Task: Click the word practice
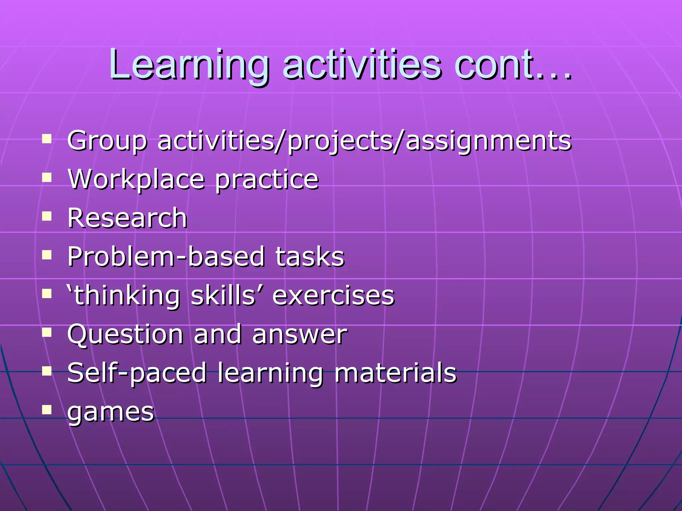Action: tap(267, 180)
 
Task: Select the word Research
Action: tap(127, 218)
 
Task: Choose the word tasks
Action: tap(310, 256)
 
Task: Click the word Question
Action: tap(125, 334)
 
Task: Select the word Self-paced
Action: tap(137, 373)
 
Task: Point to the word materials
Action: tap(395, 373)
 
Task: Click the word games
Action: tap(111, 413)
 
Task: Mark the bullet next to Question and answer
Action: tap(47, 332)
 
